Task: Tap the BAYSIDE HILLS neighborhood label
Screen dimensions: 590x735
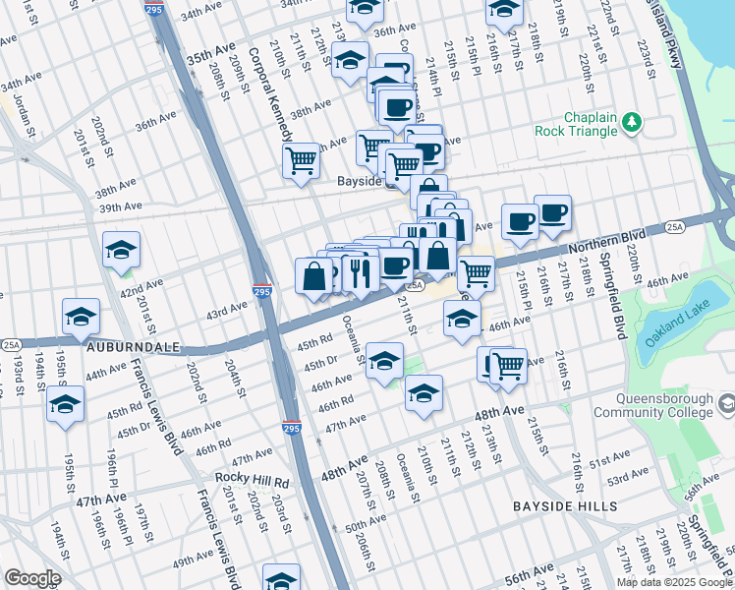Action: pyautogui.click(x=565, y=506)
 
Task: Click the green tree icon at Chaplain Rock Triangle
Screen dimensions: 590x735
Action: pyautogui.click(x=633, y=121)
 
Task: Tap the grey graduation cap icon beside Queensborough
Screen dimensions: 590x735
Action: pyautogui.click(x=725, y=403)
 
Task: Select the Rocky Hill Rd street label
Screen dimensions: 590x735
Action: pyautogui.click(x=254, y=483)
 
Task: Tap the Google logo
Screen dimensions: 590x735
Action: pyautogui.click(x=32, y=578)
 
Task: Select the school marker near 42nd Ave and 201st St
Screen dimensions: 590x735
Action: pyautogui.click(x=122, y=250)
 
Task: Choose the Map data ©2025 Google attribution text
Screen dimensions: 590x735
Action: pyautogui.click(x=673, y=582)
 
